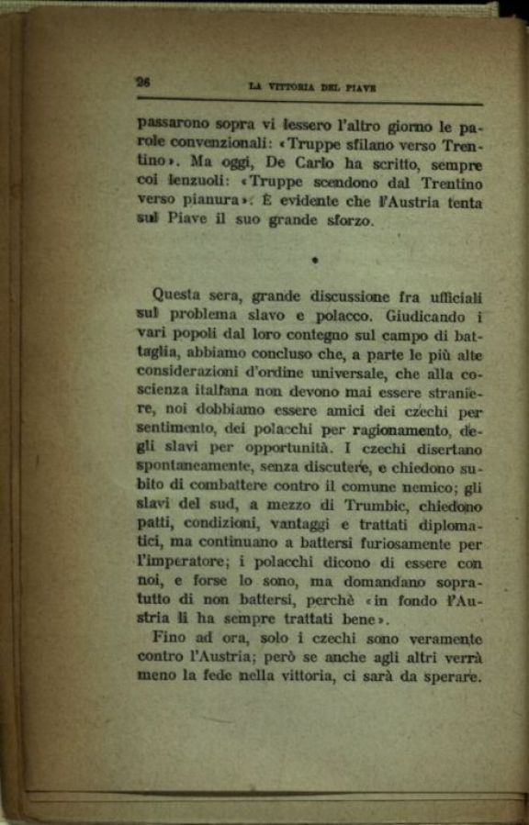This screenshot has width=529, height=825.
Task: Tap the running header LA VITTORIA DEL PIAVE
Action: (314, 86)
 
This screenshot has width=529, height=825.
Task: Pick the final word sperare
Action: (452, 679)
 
